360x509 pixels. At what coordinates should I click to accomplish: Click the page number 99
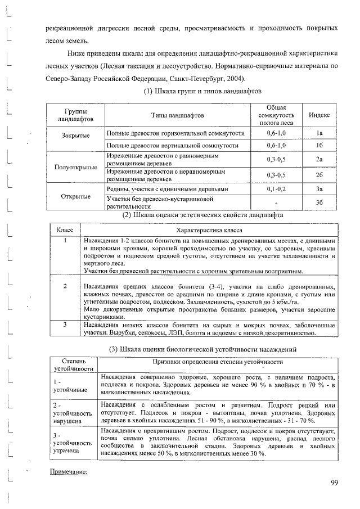coord(334,482)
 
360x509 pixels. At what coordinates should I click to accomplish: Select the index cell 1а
coord(318,133)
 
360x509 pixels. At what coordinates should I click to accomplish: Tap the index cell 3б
coord(318,202)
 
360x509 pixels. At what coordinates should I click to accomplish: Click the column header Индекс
coord(319,115)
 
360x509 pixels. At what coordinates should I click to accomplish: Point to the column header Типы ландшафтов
coord(177,115)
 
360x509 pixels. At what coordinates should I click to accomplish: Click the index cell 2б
coord(318,174)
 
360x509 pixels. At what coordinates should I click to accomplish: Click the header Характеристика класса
coord(209,231)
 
